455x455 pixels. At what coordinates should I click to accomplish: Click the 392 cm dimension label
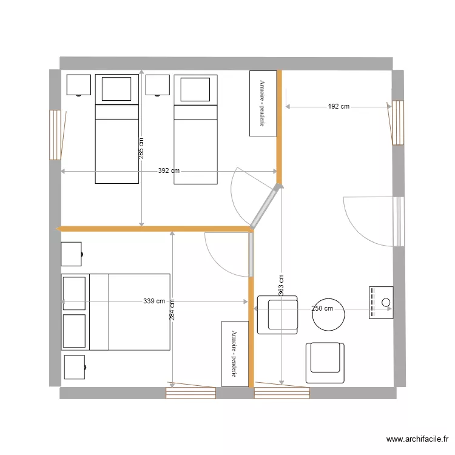tap(169, 171)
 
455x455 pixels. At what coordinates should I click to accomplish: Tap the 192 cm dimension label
tap(339, 107)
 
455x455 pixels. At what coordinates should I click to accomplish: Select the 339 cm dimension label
tap(154, 301)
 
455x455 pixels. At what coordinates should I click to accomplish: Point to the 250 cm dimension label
tap(322, 308)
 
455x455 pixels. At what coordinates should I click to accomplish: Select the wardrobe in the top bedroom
tap(263, 103)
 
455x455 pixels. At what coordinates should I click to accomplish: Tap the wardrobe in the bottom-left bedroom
tap(235, 354)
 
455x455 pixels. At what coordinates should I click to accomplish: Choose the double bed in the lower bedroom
tap(115, 312)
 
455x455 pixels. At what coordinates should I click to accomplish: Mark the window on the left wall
tap(55, 135)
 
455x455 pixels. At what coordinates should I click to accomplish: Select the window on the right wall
tap(398, 123)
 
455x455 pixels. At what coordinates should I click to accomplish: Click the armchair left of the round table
tap(278, 315)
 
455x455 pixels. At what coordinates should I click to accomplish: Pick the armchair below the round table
tap(325, 362)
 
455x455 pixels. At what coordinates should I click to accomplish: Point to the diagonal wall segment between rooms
tap(266, 206)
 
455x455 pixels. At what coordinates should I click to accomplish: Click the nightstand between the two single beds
tap(157, 86)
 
